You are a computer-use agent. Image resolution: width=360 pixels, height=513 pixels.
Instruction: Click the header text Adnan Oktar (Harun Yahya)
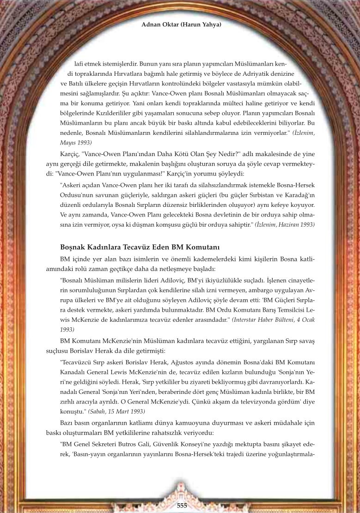pyautogui.click(x=181, y=24)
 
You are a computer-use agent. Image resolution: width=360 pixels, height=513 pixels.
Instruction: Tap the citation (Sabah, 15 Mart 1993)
pyautogui.click(x=122, y=410)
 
